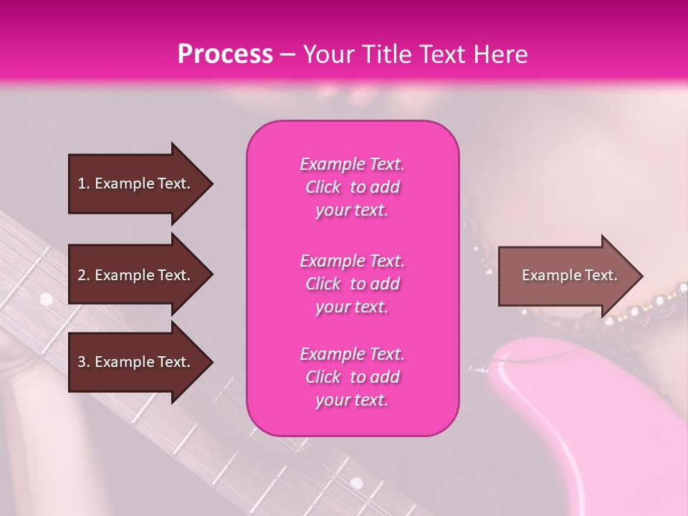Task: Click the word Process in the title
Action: [225, 54]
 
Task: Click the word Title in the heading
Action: [386, 54]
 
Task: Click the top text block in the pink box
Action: [352, 187]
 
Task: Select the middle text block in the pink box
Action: [352, 284]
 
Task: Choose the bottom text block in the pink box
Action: [352, 377]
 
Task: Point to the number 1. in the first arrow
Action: [84, 183]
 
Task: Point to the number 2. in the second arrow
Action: [84, 275]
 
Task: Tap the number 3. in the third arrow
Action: [84, 363]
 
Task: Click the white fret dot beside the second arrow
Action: [47, 298]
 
